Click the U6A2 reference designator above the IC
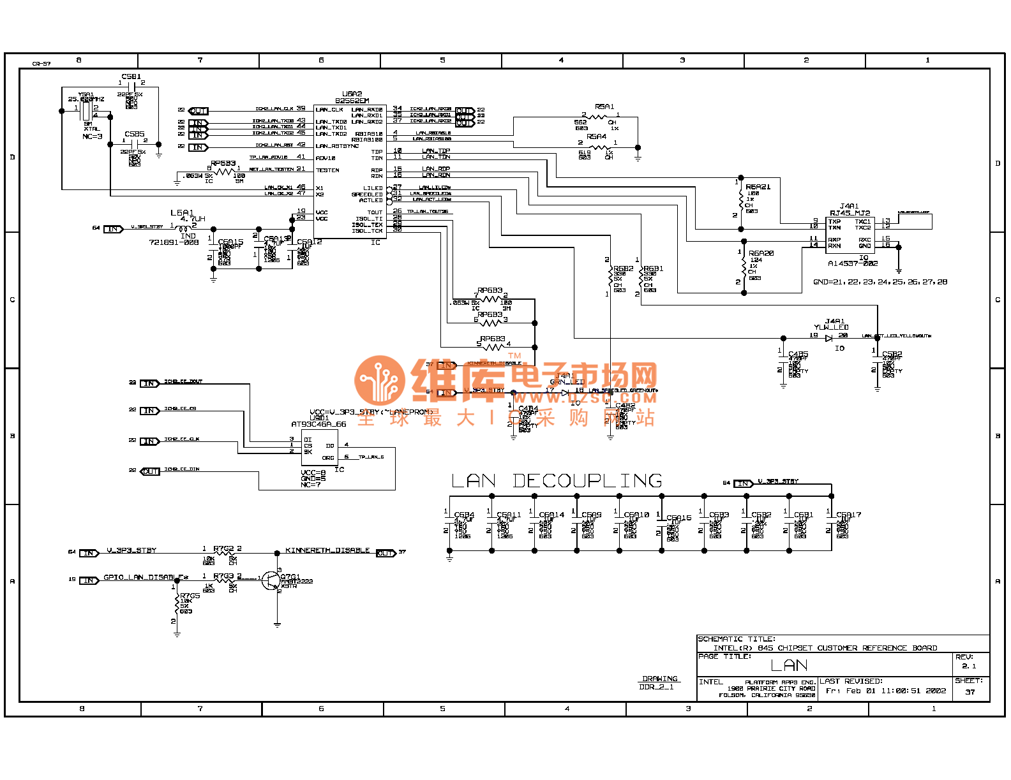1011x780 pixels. pos(352,94)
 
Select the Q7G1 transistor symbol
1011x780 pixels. pos(273,580)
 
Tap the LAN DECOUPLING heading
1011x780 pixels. pos(557,481)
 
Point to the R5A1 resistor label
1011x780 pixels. pos(604,107)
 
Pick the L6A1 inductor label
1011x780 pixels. pos(182,212)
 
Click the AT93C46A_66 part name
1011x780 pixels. pos(318,424)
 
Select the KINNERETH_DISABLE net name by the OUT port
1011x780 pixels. pos(327,550)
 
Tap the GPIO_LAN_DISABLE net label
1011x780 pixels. pos(146,577)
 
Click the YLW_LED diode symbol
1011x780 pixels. pos(829,338)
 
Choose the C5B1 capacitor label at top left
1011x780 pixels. pos(131,77)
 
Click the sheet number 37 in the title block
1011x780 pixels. pos(970,692)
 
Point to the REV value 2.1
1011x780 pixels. pos(969,666)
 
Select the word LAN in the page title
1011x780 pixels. pos(789,666)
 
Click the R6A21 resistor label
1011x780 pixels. pos(758,187)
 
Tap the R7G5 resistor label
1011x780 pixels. pos(190,596)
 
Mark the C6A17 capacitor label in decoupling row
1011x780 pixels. pos(848,515)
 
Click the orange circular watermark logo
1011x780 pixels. pos(380,381)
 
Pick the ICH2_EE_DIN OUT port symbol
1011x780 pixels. pos(151,471)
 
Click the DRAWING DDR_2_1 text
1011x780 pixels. pos(659,682)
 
